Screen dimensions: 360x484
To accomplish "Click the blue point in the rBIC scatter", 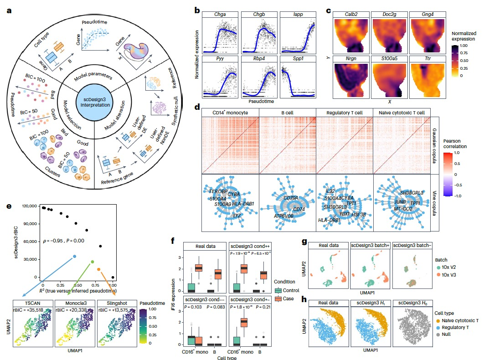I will (74, 256).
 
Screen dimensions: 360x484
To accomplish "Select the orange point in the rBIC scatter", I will (99, 269).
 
